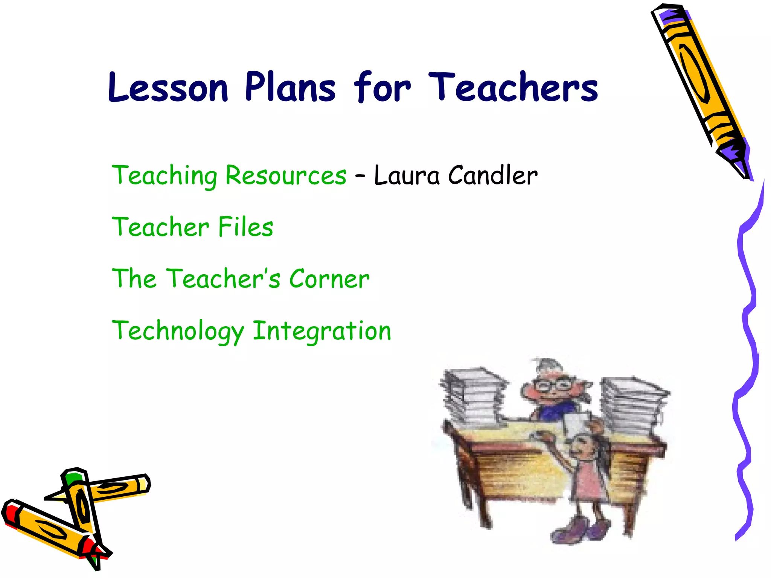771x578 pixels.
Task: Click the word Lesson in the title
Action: click(x=168, y=87)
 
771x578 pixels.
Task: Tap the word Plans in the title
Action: click(x=290, y=87)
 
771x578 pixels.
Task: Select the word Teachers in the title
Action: click(x=513, y=87)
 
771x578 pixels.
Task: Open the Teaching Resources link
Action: click(x=229, y=175)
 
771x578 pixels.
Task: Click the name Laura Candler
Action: click(x=456, y=175)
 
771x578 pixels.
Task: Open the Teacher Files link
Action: click(x=192, y=227)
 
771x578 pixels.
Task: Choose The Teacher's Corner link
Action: click(x=241, y=278)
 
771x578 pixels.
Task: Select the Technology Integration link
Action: click(x=251, y=330)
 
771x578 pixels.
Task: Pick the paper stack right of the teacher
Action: click(x=632, y=405)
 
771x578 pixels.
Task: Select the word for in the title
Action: click(x=381, y=87)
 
